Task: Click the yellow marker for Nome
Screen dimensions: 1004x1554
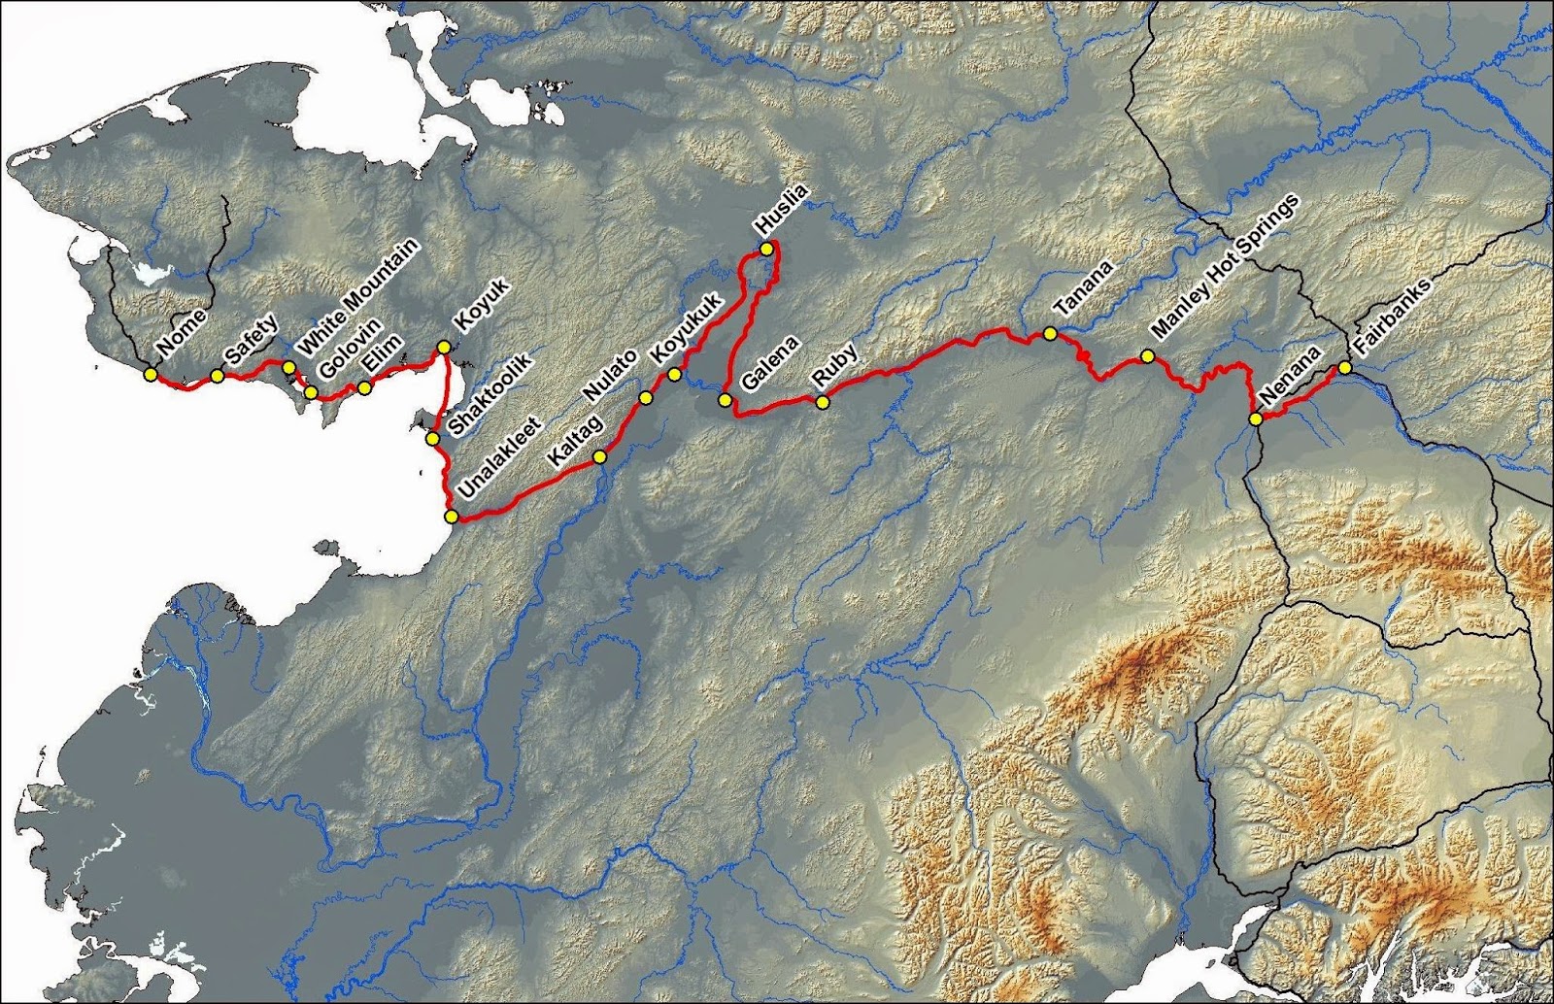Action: point(150,374)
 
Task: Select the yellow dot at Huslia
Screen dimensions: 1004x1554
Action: point(765,250)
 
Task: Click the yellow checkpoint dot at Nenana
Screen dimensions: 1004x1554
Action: point(1256,419)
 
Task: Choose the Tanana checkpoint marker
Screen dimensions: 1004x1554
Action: point(1050,333)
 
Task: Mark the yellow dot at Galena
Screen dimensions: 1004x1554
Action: point(725,400)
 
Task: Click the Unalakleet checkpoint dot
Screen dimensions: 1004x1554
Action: point(451,517)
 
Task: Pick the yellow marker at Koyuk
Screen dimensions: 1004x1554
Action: point(444,347)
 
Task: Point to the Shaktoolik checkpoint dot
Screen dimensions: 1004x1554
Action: point(432,439)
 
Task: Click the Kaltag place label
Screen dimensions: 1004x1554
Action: point(576,441)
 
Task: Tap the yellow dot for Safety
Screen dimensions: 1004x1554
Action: point(218,376)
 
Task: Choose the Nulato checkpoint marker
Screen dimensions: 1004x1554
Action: point(645,397)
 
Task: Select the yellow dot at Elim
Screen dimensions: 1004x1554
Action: point(364,388)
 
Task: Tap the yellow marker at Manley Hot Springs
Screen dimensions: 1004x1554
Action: point(1147,356)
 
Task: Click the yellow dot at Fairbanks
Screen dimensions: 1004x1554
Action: point(1345,368)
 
